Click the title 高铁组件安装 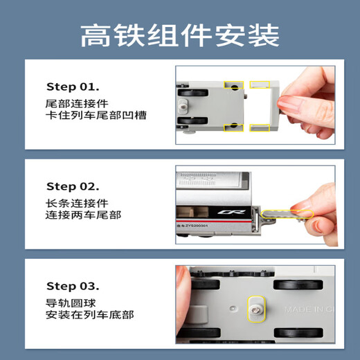click(x=179, y=34)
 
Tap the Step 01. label click(x=73, y=87)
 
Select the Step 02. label click(x=73, y=186)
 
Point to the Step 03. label click(x=73, y=286)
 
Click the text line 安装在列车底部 click(x=88, y=315)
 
